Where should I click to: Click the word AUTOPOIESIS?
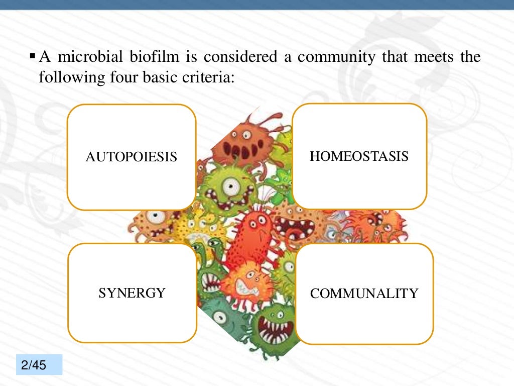pyautogui.click(x=132, y=157)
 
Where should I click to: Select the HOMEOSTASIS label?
pyautogui.click(x=359, y=156)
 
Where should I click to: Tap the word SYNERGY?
pyautogui.click(x=132, y=293)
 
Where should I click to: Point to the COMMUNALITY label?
pyautogui.click(x=364, y=294)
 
